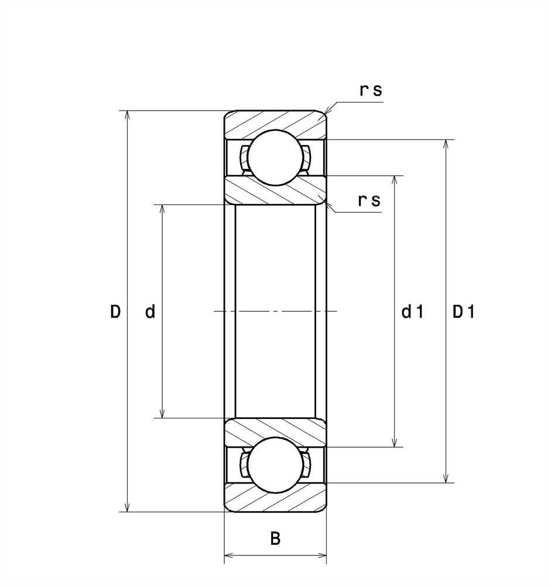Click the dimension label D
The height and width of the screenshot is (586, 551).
pyautogui.click(x=115, y=311)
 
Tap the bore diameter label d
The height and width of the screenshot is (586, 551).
pyautogui.click(x=150, y=311)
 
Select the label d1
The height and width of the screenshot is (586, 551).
pyautogui.click(x=412, y=311)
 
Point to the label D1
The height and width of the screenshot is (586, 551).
pyautogui.click(x=463, y=311)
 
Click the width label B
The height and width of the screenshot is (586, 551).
pyautogui.click(x=275, y=539)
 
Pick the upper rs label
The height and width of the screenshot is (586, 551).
pyautogui.click(x=371, y=90)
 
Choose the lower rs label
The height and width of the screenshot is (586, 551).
pyautogui.click(x=369, y=200)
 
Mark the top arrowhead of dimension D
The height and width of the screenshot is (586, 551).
pyautogui.click(x=128, y=115)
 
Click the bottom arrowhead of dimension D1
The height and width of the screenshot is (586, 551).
pyautogui.click(x=446, y=478)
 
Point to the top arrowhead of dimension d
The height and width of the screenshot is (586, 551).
pyautogui.click(x=162, y=209)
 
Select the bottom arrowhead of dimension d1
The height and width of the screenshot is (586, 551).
pyautogui.click(x=395, y=442)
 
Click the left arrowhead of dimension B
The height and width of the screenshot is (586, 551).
pyautogui.click(x=228, y=556)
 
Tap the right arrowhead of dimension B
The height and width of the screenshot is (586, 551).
pyautogui.click(x=322, y=556)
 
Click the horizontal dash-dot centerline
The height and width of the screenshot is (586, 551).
pyautogui.click(x=275, y=311)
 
